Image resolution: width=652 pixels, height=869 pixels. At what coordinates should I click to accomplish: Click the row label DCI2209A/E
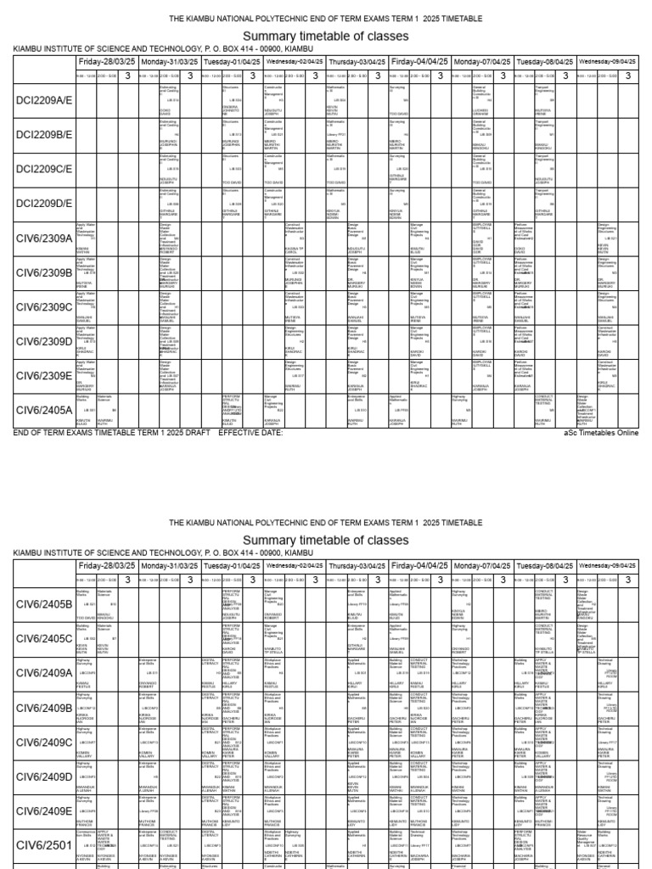click(x=44, y=100)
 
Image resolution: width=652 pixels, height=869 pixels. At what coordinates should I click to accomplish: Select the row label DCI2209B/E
click(x=44, y=135)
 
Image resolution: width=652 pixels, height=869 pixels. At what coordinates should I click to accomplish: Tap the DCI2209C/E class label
click(x=44, y=169)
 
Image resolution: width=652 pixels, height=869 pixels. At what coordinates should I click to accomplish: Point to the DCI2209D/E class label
click(x=44, y=204)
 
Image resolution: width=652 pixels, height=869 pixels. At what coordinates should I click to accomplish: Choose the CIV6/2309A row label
click(x=44, y=238)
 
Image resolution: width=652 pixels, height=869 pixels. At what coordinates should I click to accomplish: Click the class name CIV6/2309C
click(x=44, y=307)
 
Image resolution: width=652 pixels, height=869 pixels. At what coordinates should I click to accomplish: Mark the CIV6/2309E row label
click(x=44, y=376)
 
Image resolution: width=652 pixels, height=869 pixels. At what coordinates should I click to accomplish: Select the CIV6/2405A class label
click(x=44, y=410)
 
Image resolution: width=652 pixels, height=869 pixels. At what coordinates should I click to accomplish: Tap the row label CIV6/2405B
click(x=44, y=603)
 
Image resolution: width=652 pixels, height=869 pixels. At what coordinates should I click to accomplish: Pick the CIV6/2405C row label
click(x=44, y=638)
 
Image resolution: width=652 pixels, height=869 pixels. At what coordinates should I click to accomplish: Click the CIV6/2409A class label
click(x=44, y=673)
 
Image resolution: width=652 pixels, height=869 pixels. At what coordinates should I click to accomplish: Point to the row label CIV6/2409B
click(x=44, y=707)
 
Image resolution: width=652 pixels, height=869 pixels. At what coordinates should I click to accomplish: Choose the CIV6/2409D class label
click(x=44, y=776)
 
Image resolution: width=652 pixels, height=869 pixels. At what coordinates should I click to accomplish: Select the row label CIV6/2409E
click(x=44, y=810)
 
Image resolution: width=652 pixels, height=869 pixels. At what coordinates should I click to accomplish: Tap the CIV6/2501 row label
click(x=41, y=845)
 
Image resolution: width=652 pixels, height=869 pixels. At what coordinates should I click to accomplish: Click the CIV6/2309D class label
click(x=44, y=341)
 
